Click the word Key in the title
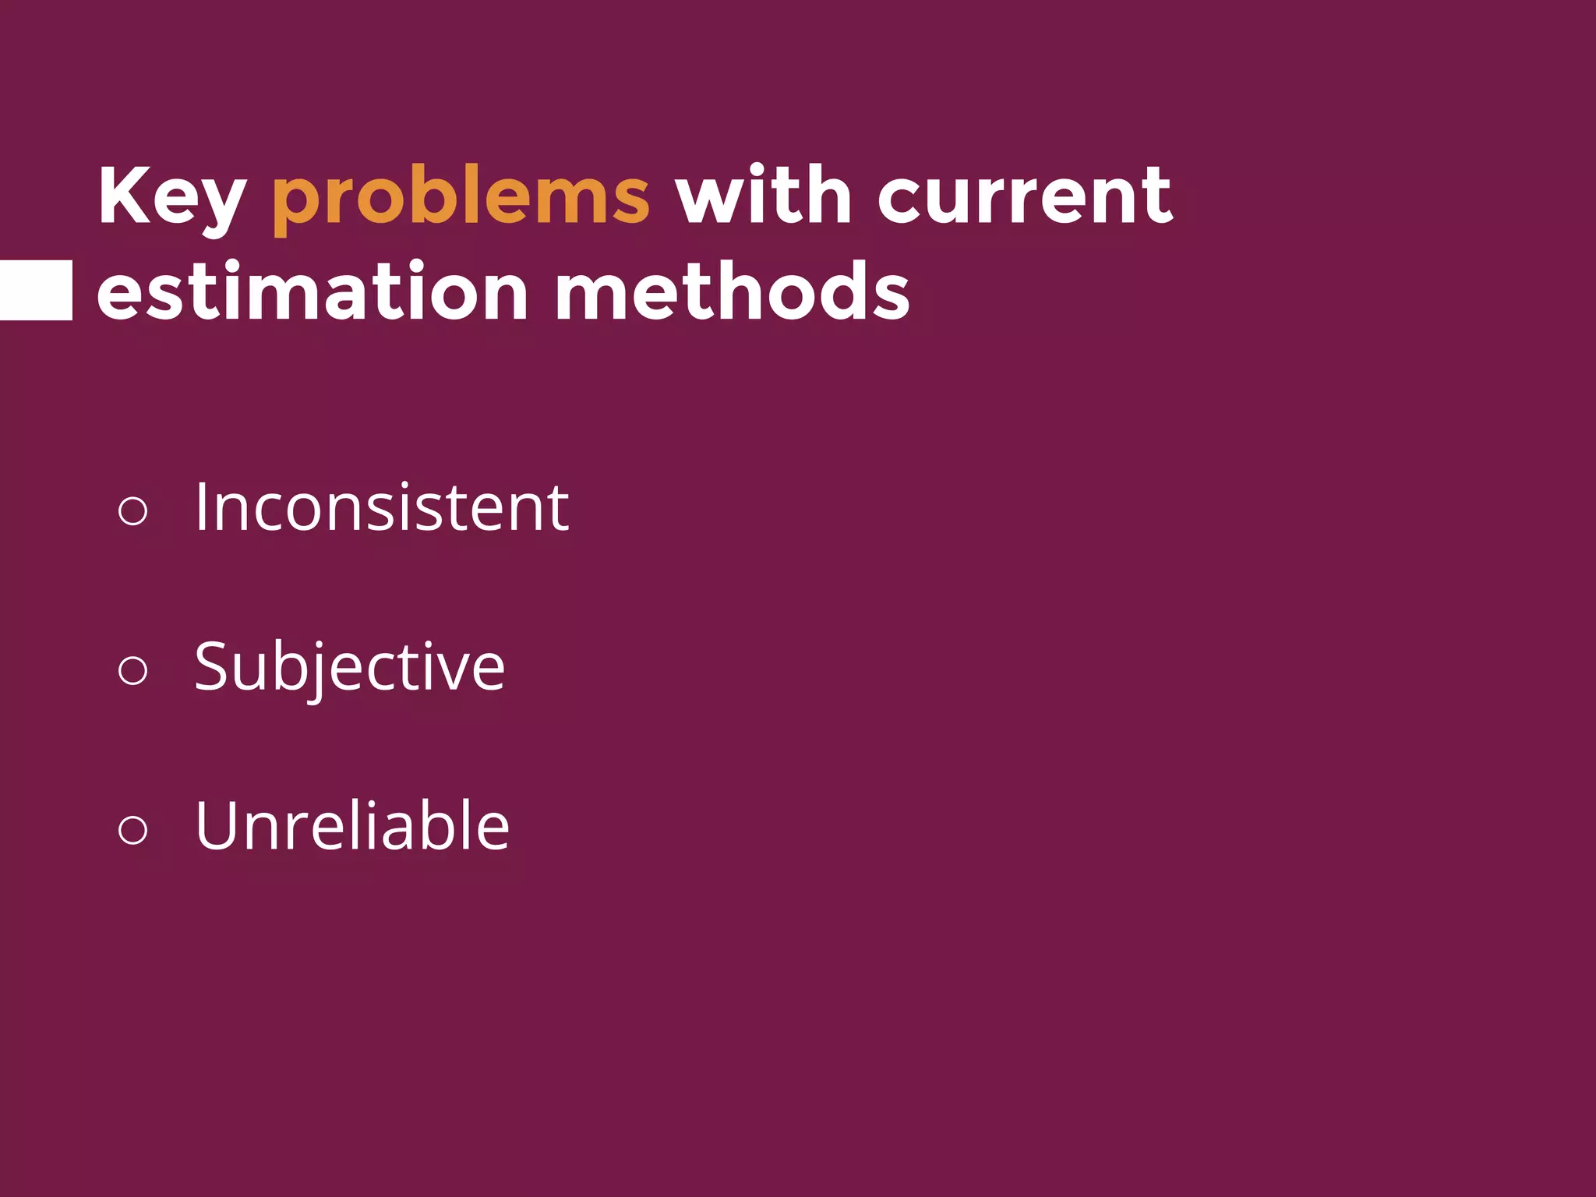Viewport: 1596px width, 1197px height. tap(172, 196)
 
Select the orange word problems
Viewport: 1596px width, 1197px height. tap(460, 196)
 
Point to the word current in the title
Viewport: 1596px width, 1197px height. tap(1025, 196)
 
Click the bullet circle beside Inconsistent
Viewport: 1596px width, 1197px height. tap(132, 511)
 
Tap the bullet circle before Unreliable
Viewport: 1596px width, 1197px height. tap(132, 829)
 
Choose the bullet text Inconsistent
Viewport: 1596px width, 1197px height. tap(382, 507)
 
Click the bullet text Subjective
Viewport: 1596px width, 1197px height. tap(350, 667)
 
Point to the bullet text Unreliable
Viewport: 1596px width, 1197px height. tap(352, 825)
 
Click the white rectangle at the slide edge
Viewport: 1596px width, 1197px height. tap(36, 290)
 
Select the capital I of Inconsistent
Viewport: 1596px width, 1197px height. tap(201, 507)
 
